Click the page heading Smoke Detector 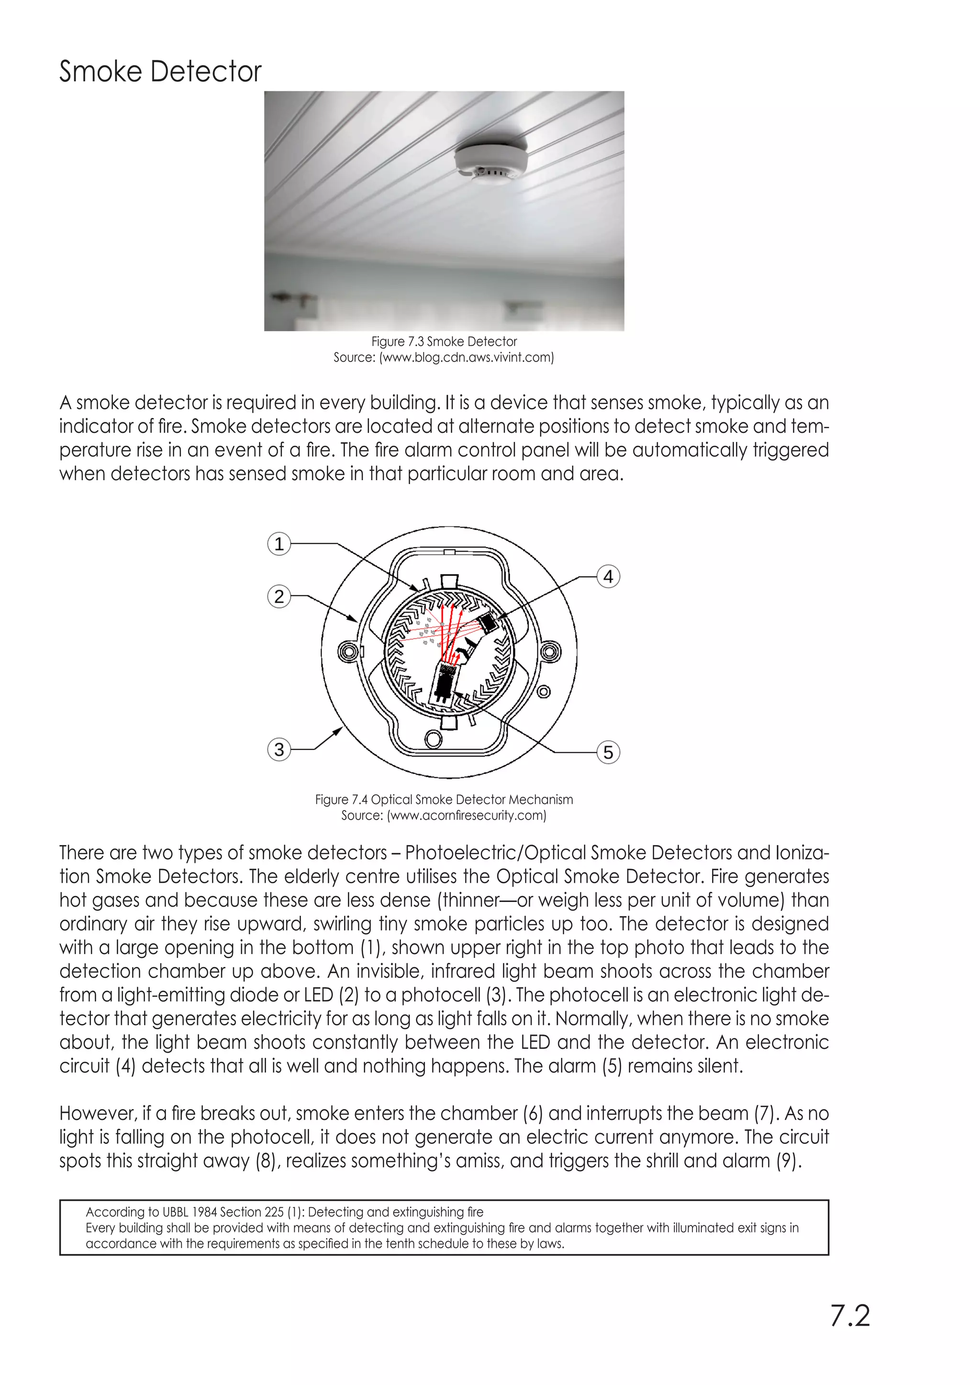point(160,72)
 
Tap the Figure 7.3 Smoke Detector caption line point(444,341)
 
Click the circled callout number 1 point(279,544)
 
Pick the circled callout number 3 point(279,750)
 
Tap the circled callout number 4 point(608,577)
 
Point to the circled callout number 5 point(608,752)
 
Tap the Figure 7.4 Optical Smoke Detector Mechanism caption point(444,800)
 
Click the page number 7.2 point(850,1316)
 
